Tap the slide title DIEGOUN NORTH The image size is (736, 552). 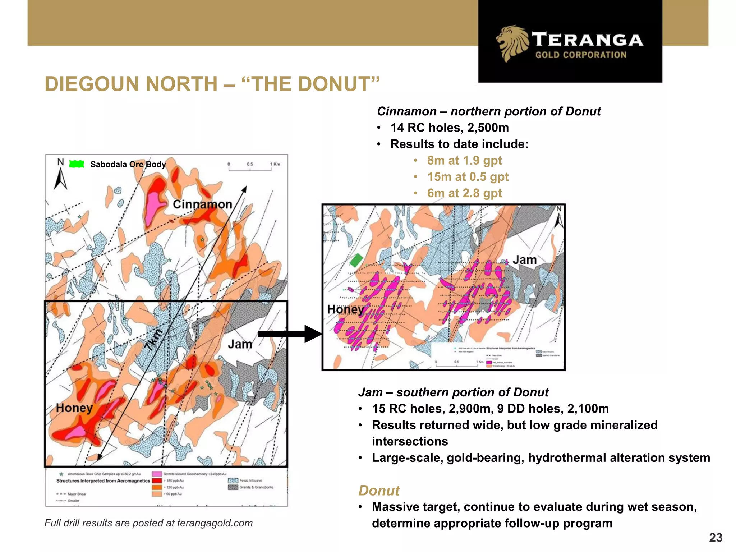(x=131, y=84)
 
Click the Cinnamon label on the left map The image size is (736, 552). (x=202, y=204)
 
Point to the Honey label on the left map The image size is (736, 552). (x=74, y=408)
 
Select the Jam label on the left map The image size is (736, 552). (x=240, y=344)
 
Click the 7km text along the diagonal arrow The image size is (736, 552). (x=154, y=340)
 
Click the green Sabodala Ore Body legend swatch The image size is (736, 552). (x=77, y=164)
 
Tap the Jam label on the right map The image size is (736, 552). (x=524, y=260)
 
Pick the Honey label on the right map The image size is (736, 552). (x=345, y=309)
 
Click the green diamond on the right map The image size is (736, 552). (x=356, y=260)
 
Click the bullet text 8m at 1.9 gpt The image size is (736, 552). (x=464, y=160)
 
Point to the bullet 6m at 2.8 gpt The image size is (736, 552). (x=464, y=193)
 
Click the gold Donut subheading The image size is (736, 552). (x=379, y=491)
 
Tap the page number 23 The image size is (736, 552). (x=716, y=538)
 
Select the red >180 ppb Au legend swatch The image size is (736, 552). (x=157, y=480)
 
